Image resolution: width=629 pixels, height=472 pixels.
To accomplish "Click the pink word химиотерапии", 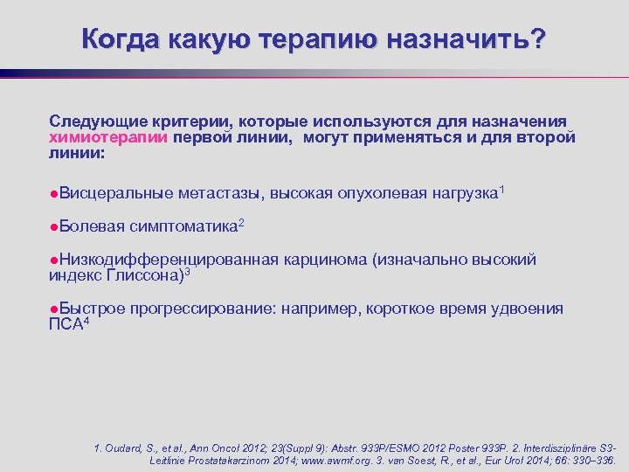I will pos(109,137).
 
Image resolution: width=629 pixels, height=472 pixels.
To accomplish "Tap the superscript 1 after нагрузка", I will pos(501,188).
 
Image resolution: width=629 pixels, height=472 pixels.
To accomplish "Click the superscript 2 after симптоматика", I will pos(241,223).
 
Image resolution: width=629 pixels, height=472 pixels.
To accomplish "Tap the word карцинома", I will pos(326,260).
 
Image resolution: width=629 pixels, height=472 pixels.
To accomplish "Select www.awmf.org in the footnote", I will pos(357,460).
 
